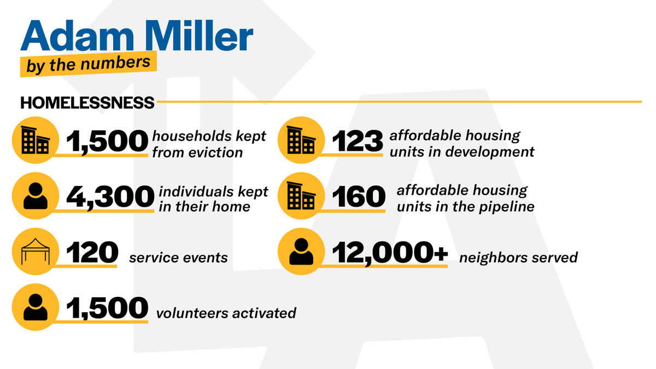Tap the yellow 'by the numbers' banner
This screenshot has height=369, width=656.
89,64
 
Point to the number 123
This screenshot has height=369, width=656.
357,142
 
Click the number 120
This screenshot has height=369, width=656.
92,253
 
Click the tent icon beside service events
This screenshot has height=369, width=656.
35,253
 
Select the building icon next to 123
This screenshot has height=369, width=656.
302,141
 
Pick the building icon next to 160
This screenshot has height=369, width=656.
302,196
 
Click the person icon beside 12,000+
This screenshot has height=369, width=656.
302,253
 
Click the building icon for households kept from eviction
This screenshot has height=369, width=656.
35,141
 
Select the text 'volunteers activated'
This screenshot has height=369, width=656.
226,313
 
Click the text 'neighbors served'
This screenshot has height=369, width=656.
518,257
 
